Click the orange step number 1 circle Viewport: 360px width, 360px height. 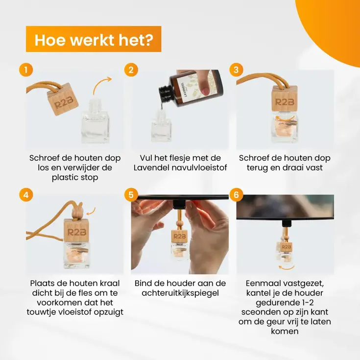26,70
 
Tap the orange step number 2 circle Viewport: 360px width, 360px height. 131,70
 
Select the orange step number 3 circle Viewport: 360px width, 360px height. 236,70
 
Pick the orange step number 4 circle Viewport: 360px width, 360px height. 26,195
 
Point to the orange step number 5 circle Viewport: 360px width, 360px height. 131,195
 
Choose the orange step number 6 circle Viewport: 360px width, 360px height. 236,195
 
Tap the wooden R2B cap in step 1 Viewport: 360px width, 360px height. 63,99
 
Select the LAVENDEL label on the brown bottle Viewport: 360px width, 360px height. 183,90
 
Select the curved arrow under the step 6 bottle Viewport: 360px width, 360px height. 287,267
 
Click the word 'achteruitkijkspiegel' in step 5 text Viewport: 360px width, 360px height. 180,293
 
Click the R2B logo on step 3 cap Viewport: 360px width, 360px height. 285,102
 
